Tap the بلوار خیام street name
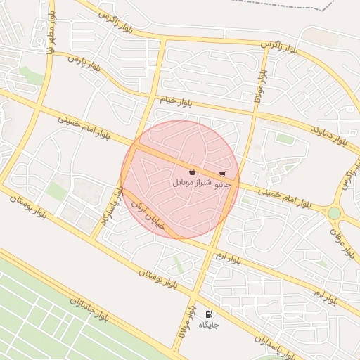coord(176,102)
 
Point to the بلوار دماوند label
coord(330,134)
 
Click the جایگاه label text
coord(209,325)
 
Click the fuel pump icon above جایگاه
coord(208,314)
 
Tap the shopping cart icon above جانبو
coord(222,174)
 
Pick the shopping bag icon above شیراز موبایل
coord(192,172)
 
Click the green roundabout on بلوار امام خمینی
coord(334,212)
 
